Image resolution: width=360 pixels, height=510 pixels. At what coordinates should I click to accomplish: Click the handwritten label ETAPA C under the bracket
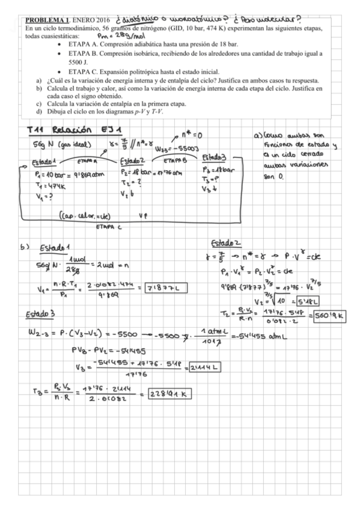[x=109, y=227]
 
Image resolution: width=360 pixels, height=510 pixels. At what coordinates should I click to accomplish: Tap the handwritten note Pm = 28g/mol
[x=120, y=35]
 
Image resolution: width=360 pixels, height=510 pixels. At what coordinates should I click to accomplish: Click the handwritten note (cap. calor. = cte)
[x=84, y=214]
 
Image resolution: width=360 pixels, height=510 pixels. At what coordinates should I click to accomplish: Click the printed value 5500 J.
[x=80, y=62]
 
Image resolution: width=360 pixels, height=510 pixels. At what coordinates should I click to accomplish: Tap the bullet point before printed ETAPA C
[x=58, y=71]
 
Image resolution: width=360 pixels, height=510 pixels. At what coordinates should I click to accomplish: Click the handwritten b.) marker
[x=25, y=246]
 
